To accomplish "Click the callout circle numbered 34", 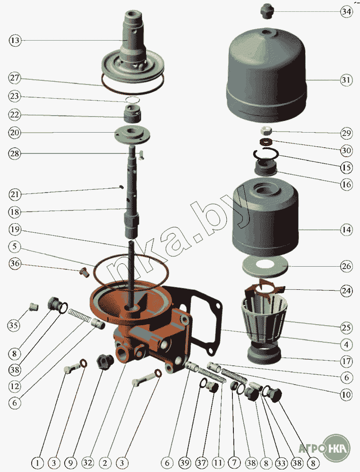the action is (346, 11).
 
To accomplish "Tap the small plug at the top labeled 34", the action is (266, 11).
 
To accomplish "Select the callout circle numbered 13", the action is (15, 40).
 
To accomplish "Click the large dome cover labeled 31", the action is (266, 75).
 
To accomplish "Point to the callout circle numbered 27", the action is (15, 78).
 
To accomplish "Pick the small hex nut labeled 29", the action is (266, 131).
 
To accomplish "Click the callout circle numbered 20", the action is (15, 133).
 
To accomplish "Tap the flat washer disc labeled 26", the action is (265, 267).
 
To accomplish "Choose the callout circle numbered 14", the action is (346, 230).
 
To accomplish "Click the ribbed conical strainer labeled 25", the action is (265, 319).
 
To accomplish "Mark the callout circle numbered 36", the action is (15, 263).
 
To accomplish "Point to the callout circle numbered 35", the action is (14, 325).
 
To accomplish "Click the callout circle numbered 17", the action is (346, 361).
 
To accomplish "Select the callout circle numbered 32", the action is (88, 462).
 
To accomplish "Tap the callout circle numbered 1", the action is (37, 462).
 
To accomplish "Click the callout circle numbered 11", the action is (218, 462).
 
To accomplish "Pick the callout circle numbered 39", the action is (185, 462).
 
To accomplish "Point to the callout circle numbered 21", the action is (15, 194).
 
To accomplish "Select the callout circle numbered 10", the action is (346, 394).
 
